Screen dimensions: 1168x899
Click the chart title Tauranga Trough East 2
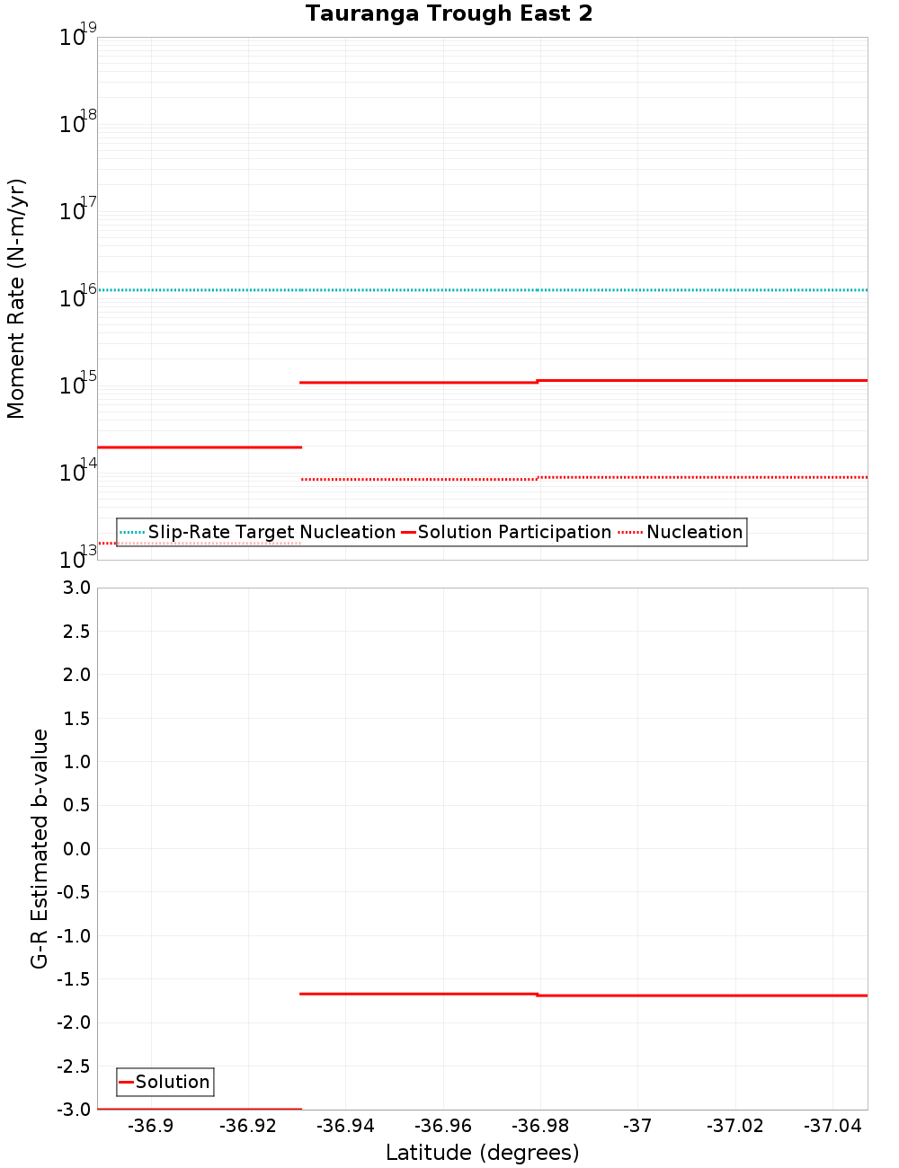coord(449,13)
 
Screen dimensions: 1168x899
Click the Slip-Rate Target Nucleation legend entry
coord(271,532)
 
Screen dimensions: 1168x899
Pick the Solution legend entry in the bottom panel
coord(172,1082)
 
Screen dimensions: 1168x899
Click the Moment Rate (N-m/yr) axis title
coord(16,298)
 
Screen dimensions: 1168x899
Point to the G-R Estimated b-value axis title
coord(40,848)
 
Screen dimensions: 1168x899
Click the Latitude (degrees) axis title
coord(482,1153)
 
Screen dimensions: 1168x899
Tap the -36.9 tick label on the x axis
coord(150,1126)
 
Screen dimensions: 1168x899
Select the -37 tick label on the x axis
coord(637,1126)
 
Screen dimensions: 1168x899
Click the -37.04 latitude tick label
coord(833,1126)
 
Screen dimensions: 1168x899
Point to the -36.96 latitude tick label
coord(442,1126)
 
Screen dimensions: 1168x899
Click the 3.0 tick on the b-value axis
coord(76,588)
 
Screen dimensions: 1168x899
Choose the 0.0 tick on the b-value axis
coord(76,848)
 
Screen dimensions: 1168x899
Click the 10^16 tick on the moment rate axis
coord(77,296)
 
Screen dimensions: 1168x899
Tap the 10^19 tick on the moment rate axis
coord(77,36)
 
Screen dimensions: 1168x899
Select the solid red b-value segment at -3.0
coord(198,1109)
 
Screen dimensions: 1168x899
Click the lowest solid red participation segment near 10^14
coord(198,447)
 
